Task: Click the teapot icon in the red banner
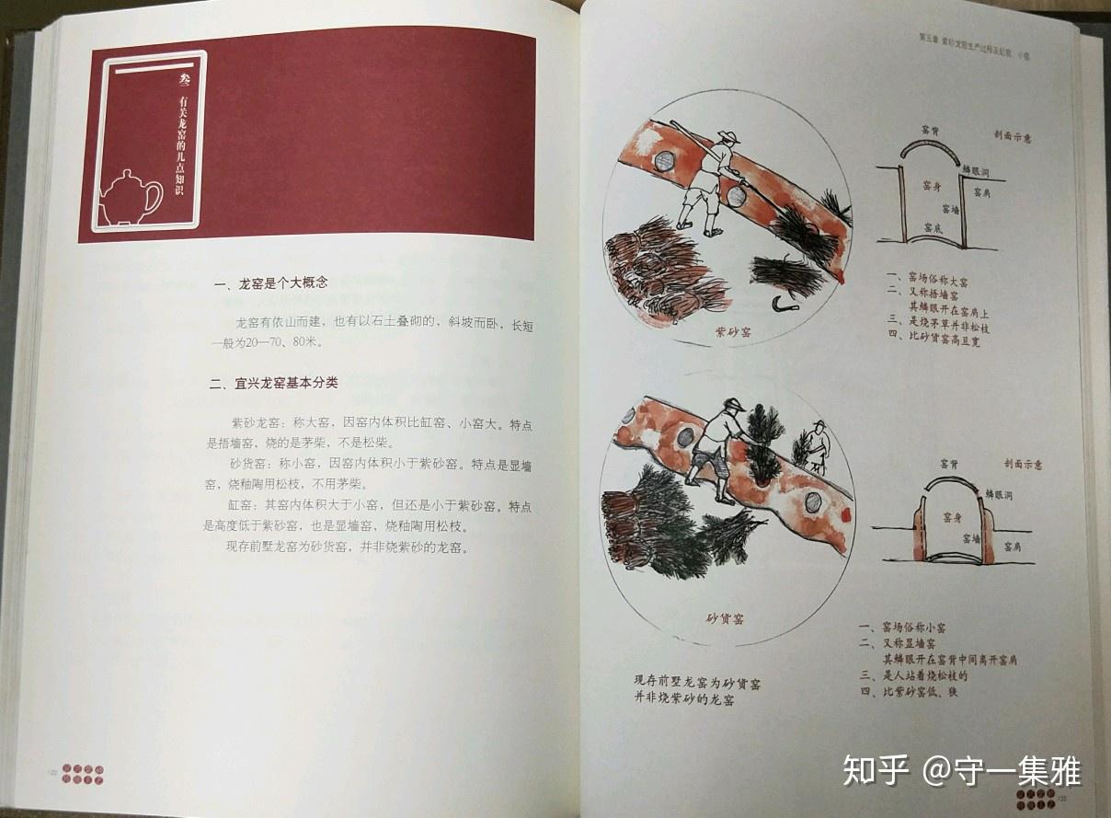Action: (130, 197)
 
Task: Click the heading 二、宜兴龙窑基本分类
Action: (273, 382)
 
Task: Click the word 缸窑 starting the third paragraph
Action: (242, 505)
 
